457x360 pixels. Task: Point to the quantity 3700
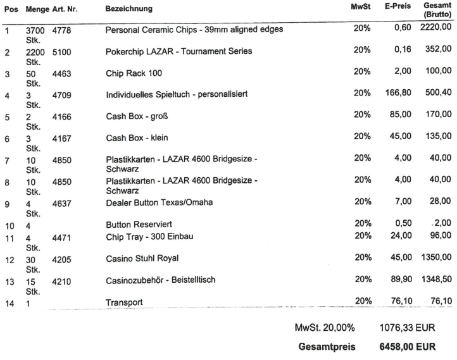[x=35, y=30]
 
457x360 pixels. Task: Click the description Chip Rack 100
[x=134, y=74]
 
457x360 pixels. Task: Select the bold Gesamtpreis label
[x=327, y=347]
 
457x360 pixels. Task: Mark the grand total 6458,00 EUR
[x=406, y=347]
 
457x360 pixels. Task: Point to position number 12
[x=8, y=259]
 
